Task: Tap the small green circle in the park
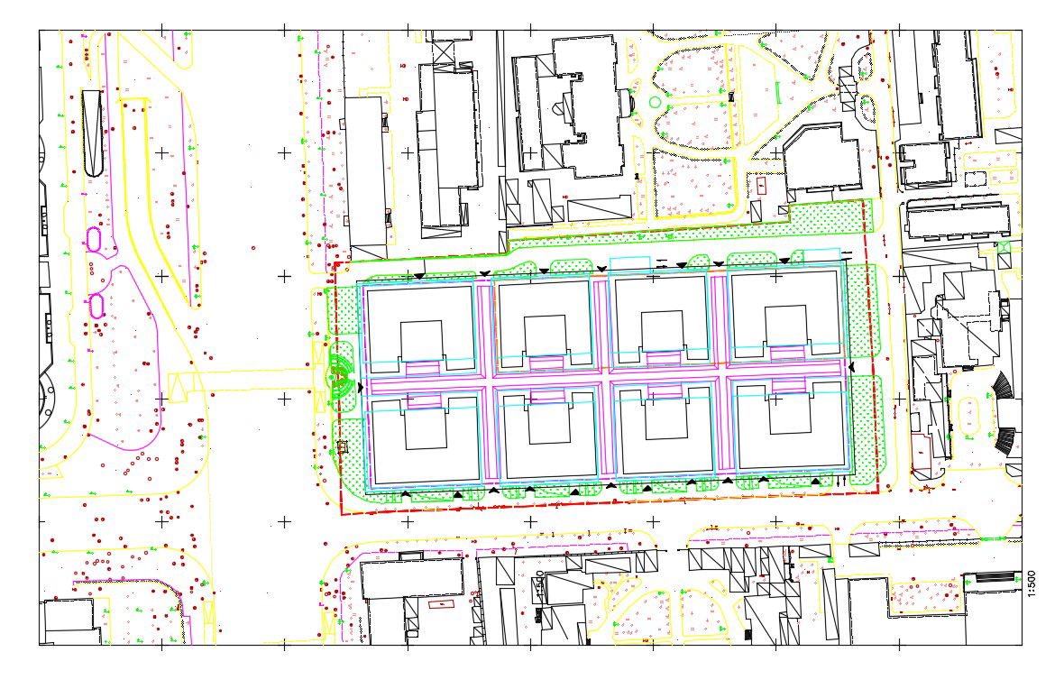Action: pyautogui.click(x=654, y=103)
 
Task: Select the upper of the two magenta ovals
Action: pyautogui.click(x=92, y=239)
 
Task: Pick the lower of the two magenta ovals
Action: pyautogui.click(x=96, y=306)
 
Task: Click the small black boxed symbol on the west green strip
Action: pyautogui.click(x=342, y=446)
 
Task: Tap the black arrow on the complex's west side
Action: pyautogui.click(x=362, y=387)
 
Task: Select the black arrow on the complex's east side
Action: pyautogui.click(x=850, y=368)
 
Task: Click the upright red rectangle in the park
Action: pyautogui.click(x=762, y=186)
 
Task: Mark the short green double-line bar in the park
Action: pyautogui.click(x=777, y=92)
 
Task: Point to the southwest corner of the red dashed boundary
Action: pyautogui.click(x=341, y=514)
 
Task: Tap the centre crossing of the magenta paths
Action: pyautogui.click(x=603, y=383)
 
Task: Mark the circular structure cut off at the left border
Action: pyautogui.click(x=45, y=397)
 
